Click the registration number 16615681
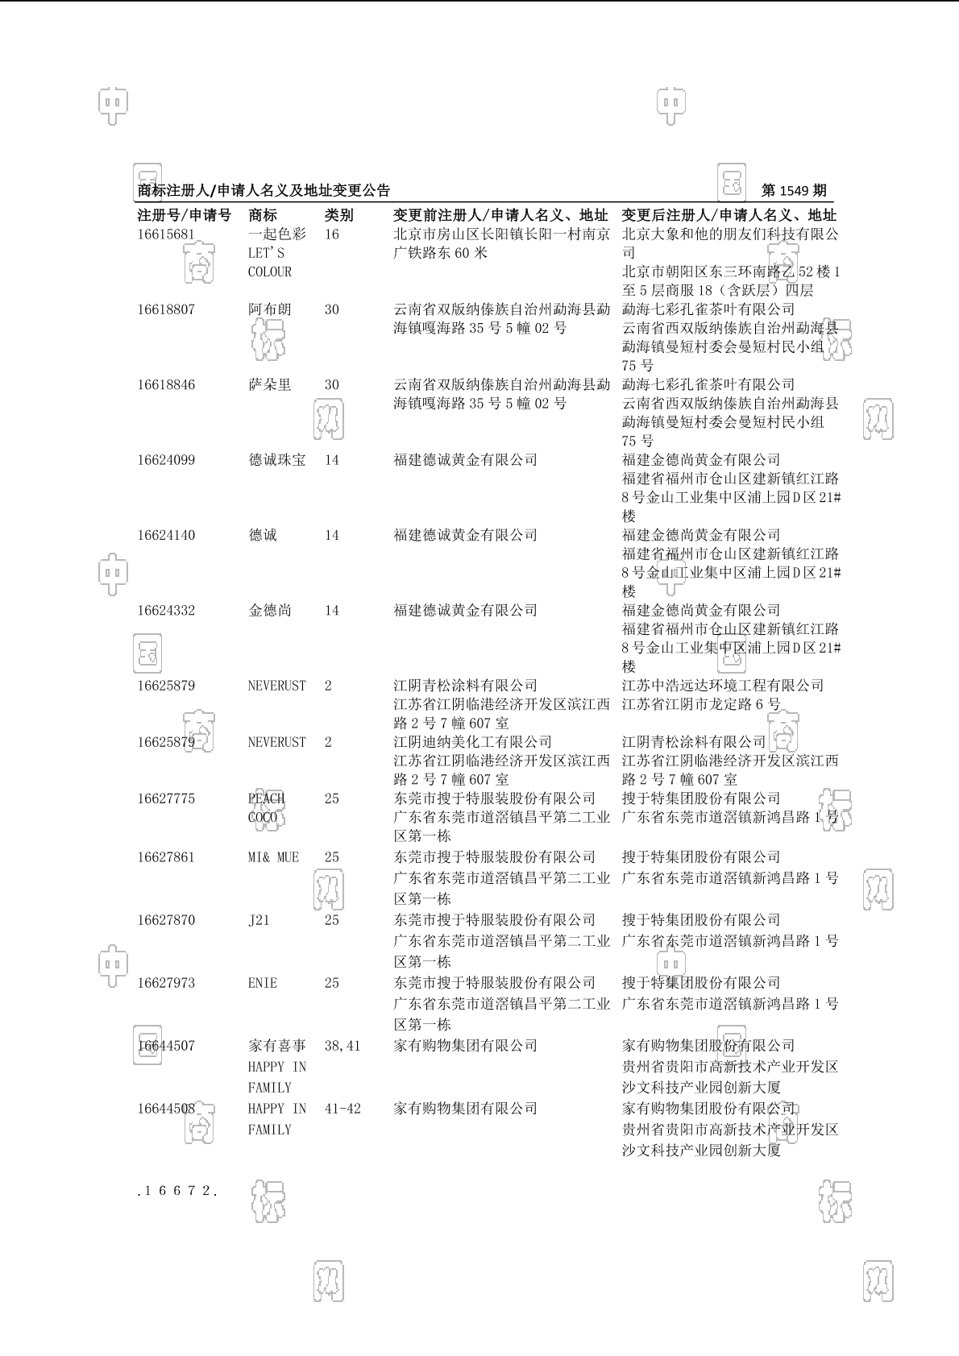click(165, 234)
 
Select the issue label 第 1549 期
click(794, 191)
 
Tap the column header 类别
click(338, 215)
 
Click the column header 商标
click(263, 215)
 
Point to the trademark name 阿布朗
click(270, 309)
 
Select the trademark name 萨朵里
click(270, 385)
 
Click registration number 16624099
click(165, 460)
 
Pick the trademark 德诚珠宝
click(277, 460)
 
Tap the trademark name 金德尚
click(270, 611)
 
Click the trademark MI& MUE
click(273, 857)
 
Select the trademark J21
click(259, 920)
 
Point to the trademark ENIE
click(263, 983)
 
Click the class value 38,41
click(342, 1046)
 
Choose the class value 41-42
click(342, 1109)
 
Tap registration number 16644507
click(165, 1046)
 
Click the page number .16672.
click(177, 1191)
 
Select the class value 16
click(332, 234)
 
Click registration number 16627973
click(165, 983)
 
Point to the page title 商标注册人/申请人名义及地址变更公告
click(264, 191)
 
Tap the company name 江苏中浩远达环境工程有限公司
click(723, 686)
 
